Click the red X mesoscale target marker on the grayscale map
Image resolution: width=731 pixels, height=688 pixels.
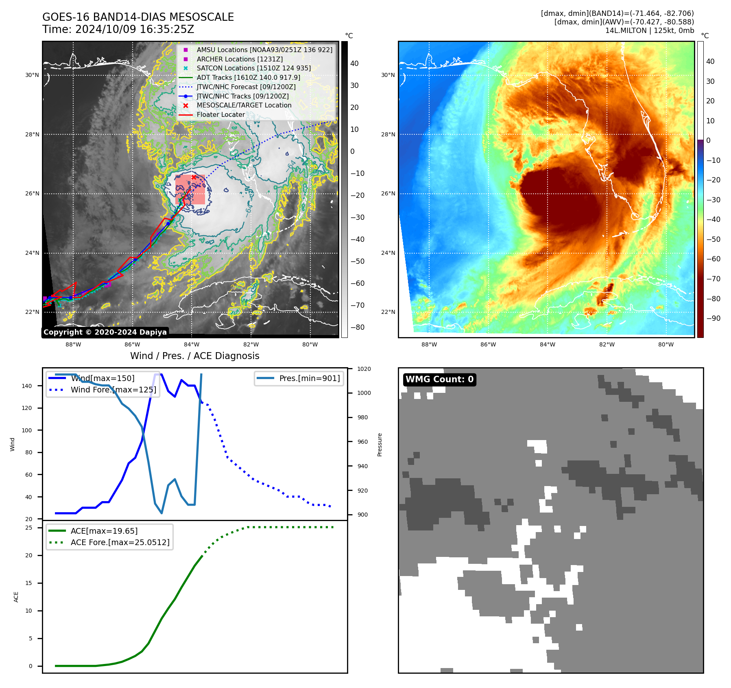pyautogui.click(x=194, y=177)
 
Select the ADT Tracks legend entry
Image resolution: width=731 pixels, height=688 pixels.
pyautogui.click(x=248, y=77)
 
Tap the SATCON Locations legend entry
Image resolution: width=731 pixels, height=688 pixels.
pyautogui.click(x=253, y=68)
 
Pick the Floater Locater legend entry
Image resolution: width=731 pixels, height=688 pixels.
pyautogui.click(x=220, y=114)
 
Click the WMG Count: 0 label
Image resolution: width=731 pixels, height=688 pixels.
pyautogui.click(x=439, y=379)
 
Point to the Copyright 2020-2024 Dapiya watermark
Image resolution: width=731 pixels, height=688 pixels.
pyautogui.click(x=105, y=332)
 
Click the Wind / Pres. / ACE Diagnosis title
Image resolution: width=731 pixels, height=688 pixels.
pyautogui.click(x=194, y=356)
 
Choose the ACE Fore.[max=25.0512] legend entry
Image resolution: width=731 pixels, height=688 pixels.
pyautogui.click(x=120, y=542)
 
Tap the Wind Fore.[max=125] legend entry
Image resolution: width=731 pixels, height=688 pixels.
pyautogui.click(x=113, y=390)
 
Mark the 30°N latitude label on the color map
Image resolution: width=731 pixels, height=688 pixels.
pyautogui.click(x=388, y=75)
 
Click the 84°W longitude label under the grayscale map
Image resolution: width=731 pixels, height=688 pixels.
pyautogui.click(x=192, y=345)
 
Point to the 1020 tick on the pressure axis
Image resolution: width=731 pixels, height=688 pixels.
pyautogui.click(x=364, y=369)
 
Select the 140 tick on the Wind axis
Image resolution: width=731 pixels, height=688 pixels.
pyautogui.click(x=26, y=386)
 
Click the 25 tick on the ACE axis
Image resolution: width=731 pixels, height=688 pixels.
pyautogui.click(x=29, y=528)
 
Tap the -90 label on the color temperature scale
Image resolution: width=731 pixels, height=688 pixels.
pyautogui.click(x=713, y=318)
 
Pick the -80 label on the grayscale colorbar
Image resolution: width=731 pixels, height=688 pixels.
pyautogui.click(x=358, y=327)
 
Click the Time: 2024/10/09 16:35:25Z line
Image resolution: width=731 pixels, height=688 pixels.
pyautogui.click(x=118, y=29)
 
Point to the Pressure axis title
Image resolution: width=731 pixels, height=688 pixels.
pyautogui.click(x=380, y=445)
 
